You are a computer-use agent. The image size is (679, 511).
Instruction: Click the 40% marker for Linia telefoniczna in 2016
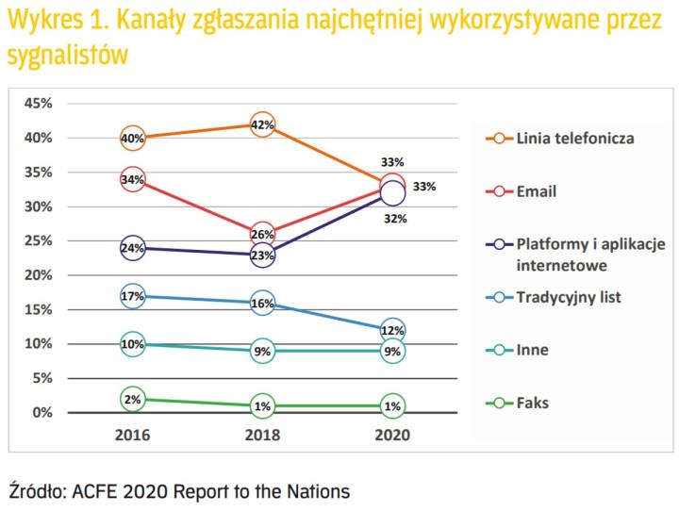coord(133,138)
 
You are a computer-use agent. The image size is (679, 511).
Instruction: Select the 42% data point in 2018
coord(263,124)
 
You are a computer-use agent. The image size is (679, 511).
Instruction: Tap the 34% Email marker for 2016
coord(133,179)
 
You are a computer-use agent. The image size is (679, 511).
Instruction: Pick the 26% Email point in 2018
coord(263,234)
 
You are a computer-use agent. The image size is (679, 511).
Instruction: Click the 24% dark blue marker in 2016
coord(133,248)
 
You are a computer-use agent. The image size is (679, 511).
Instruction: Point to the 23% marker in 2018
coord(263,255)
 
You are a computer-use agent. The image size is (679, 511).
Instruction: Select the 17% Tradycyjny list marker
coord(133,296)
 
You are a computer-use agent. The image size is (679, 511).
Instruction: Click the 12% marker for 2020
coord(392,330)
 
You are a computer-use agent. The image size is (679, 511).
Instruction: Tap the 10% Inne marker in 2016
coord(133,344)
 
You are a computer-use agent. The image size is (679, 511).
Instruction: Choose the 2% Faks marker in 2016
coord(133,399)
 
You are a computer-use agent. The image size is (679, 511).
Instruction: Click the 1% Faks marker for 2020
coord(392,405)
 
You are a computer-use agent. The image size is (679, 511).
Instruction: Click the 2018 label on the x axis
coord(263,437)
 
